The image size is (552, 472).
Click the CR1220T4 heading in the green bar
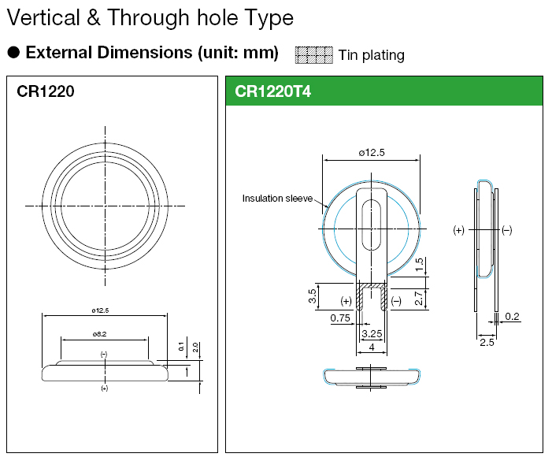[x=272, y=91]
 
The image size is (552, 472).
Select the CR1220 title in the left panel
[x=46, y=91]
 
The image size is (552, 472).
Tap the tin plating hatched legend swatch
[x=313, y=55]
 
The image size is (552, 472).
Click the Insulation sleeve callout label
[x=277, y=199]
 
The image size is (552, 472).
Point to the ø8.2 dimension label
[x=100, y=334]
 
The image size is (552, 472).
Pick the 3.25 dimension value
[x=372, y=333]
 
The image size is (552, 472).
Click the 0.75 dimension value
[x=340, y=318]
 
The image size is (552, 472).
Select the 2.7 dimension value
[x=419, y=298]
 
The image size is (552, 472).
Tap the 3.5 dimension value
[x=313, y=295]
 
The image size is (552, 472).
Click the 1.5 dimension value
[x=419, y=265]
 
